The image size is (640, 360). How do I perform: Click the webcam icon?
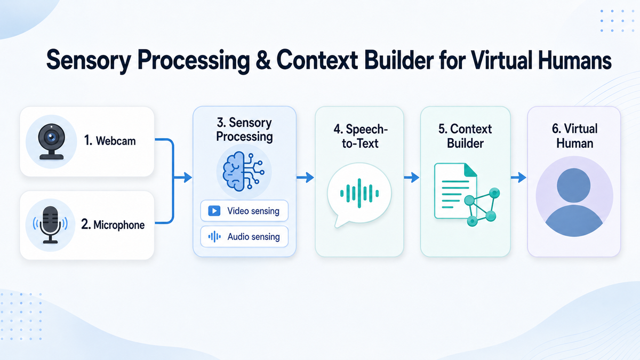pyautogui.click(x=51, y=142)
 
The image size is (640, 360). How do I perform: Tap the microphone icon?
pyautogui.click(x=50, y=225)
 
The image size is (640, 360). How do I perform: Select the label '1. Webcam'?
pyautogui.click(x=110, y=141)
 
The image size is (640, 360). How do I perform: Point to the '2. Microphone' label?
pyautogui.click(x=113, y=225)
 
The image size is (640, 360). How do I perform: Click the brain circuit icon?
pyautogui.click(x=243, y=171)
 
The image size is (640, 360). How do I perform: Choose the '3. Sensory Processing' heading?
pyautogui.click(x=244, y=130)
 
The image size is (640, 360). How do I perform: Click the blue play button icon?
pyautogui.click(x=214, y=211)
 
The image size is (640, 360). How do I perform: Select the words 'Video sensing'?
pyautogui.click(x=253, y=211)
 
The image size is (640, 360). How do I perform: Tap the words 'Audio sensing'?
pyautogui.click(x=254, y=237)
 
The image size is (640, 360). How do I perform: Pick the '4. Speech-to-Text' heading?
pyautogui.click(x=361, y=137)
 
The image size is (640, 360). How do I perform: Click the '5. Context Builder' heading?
pyautogui.click(x=465, y=137)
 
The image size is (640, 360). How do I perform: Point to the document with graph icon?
pyautogui.click(x=467, y=194)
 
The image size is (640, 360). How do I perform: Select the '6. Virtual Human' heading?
pyautogui.click(x=574, y=137)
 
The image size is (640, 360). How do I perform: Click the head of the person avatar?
pyautogui.click(x=574, y=185)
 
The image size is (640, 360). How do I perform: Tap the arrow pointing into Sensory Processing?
pyautogui.click(x=183, y=178)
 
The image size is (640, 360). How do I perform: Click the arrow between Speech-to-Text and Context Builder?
pyautogui.click(x=412, y=178)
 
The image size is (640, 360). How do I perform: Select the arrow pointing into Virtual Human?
pyautogui.click(x=518, y=178)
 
